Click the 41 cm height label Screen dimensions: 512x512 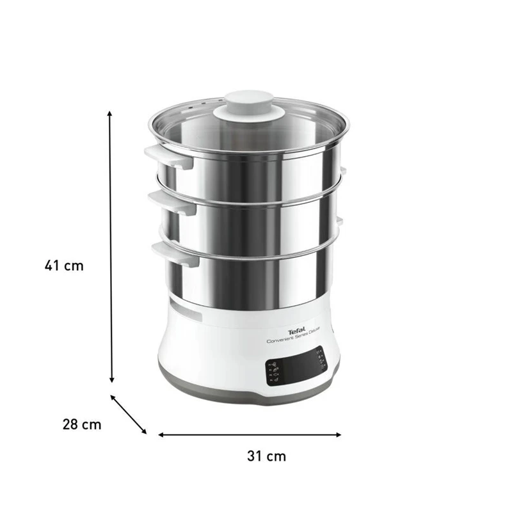click(x=64, y=265)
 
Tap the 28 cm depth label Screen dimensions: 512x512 click(x=82, y=424)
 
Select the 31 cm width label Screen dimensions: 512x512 click(x=266, y=456)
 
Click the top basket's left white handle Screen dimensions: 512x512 click(x=167, y=156)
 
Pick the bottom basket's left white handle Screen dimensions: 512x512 click(x=175, y=251)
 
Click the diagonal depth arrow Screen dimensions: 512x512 click(x=129, y=414)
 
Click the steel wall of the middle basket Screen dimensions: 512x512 click(x=256, y=227)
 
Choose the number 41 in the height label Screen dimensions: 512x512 click(x=54, y=265)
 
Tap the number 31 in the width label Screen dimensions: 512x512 click(x=255, y=456)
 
